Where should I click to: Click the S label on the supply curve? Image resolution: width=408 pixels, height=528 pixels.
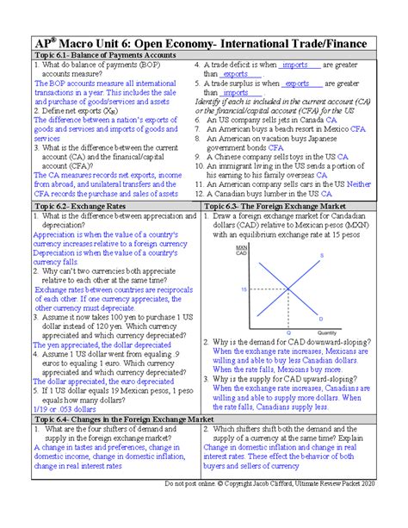322,256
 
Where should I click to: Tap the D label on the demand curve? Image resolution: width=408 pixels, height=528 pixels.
320,319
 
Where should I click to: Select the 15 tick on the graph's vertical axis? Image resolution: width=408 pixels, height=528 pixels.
244,289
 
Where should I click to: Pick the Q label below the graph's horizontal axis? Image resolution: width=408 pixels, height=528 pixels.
287,332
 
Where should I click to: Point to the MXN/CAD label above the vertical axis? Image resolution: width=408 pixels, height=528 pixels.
242,252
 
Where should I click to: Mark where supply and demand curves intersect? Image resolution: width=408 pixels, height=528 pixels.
287,289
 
